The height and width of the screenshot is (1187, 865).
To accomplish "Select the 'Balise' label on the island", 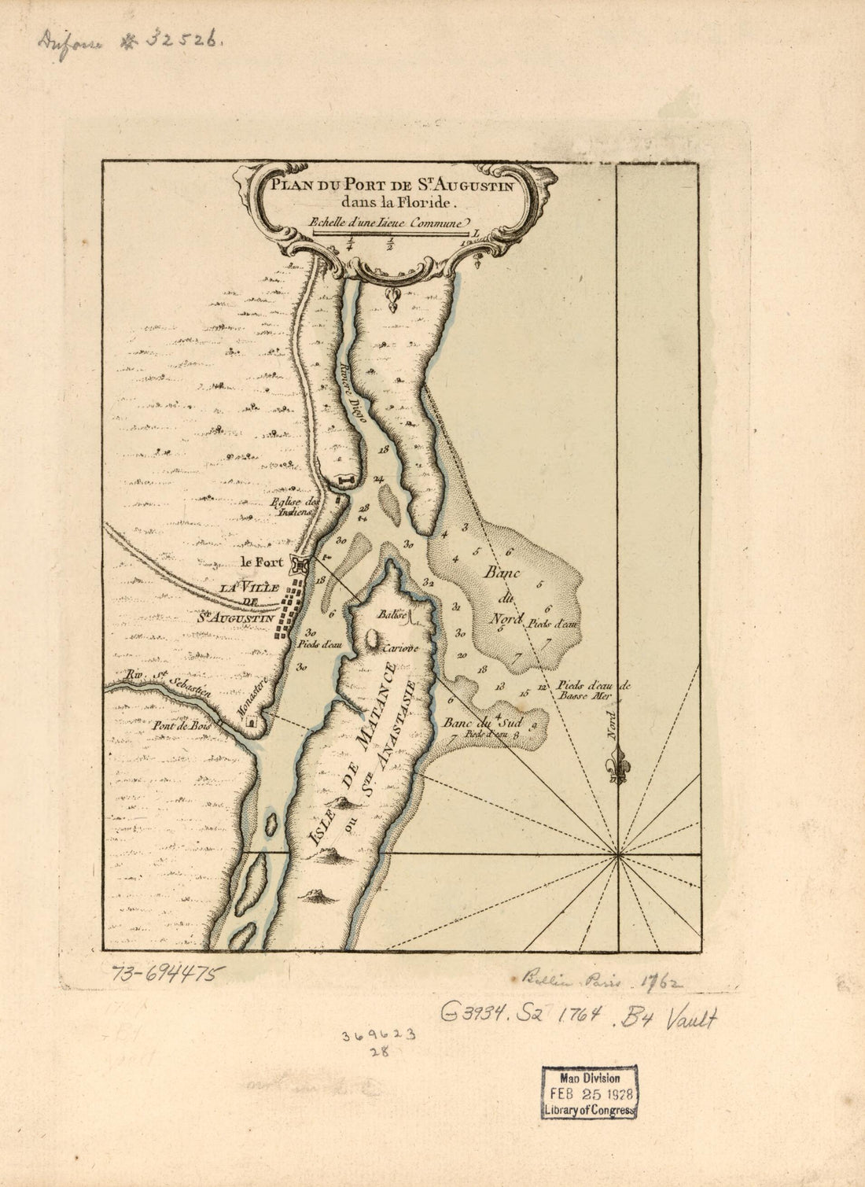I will coord(391,615).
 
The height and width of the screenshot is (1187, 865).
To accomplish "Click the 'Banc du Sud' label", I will coord(473,722).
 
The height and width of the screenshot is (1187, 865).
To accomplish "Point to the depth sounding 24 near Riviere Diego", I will coord(379,478).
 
